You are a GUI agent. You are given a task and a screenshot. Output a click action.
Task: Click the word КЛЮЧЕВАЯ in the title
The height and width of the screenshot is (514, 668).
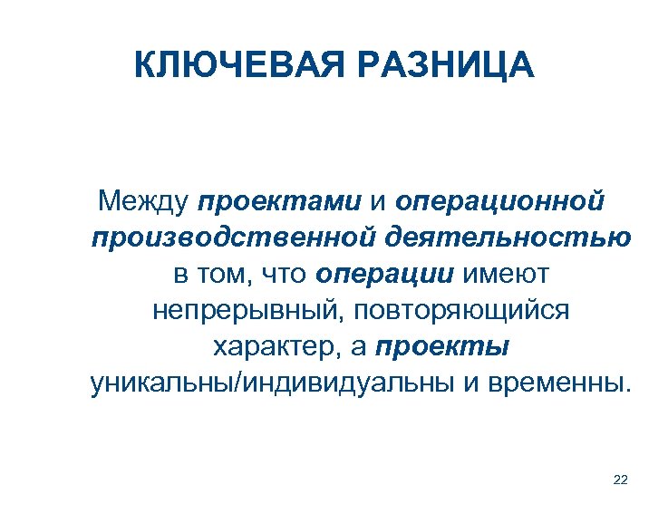233,66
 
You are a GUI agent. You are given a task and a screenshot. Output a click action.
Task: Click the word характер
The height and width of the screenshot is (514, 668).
273,347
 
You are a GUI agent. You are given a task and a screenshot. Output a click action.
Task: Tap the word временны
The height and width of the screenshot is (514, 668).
554,383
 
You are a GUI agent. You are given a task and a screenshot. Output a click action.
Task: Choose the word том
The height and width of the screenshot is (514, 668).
222,275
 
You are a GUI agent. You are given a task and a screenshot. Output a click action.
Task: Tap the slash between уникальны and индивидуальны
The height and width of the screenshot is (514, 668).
237,383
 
